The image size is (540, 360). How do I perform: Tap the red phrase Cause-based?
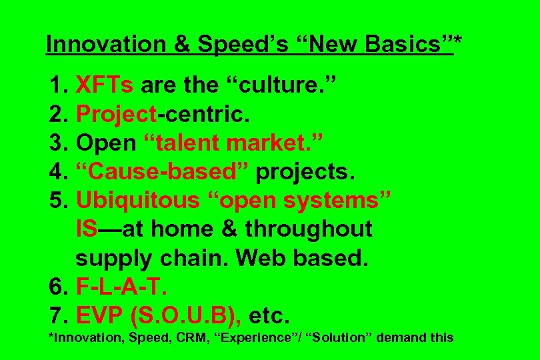pos(164,171)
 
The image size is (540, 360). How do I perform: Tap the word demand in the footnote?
pos(402,338)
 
